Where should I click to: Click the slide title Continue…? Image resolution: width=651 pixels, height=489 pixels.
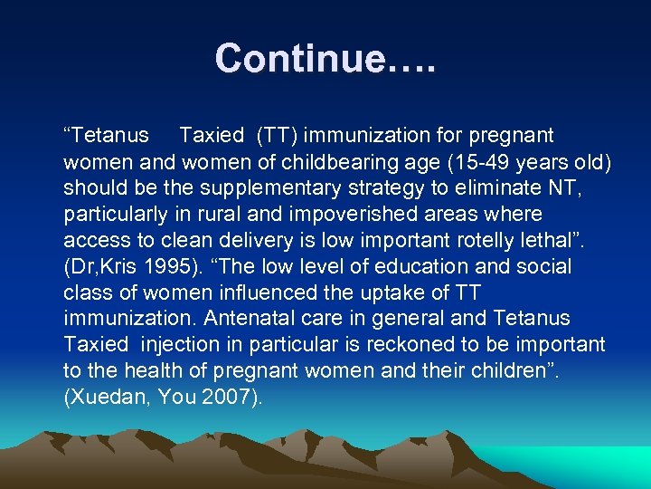325,59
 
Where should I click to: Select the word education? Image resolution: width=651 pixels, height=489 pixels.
434,267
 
